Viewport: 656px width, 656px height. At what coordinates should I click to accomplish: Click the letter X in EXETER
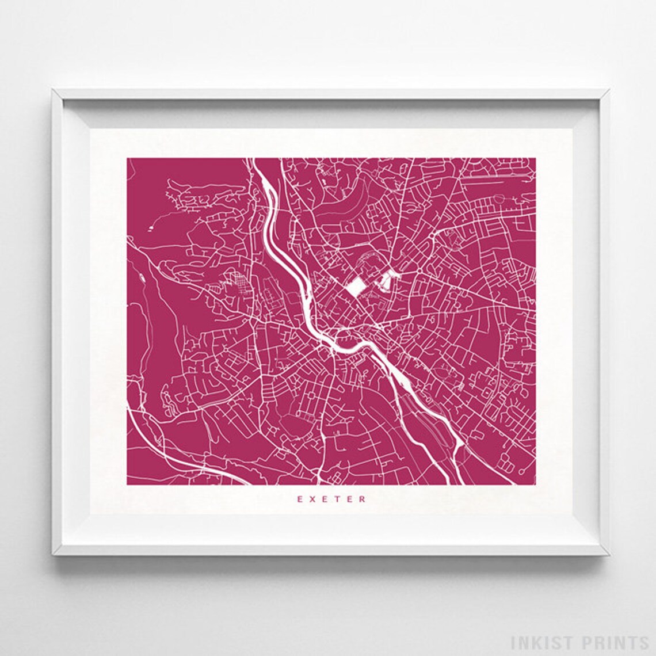click(x=312, y=499)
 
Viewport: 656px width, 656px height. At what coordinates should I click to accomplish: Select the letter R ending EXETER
click(x=363, y=499)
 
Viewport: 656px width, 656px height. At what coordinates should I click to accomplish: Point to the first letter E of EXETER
click(x=300, y=499)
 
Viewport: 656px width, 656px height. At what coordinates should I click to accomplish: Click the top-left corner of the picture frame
click(x=52, y=89)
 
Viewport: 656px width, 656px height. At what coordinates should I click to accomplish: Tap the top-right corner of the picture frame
click(x=609, y=89)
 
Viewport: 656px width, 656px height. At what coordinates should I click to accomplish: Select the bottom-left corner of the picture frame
click(x=52, y=555)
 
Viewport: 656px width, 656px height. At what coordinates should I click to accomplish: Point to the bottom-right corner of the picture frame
click(x=609, y=555)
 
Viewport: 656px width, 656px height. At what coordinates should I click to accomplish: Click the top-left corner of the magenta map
click(x=127, y=158)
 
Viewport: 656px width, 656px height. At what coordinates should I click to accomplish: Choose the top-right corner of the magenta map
click(x=535, y=158)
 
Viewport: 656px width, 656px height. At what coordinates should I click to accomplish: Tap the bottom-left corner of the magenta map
click(x=127, y=485)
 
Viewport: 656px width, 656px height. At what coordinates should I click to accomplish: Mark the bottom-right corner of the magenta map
click(x=535, y=485)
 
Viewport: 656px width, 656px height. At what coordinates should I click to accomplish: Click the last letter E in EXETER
click(x=350, y=499)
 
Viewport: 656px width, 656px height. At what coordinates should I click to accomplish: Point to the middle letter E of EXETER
click(x=325, y=499)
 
